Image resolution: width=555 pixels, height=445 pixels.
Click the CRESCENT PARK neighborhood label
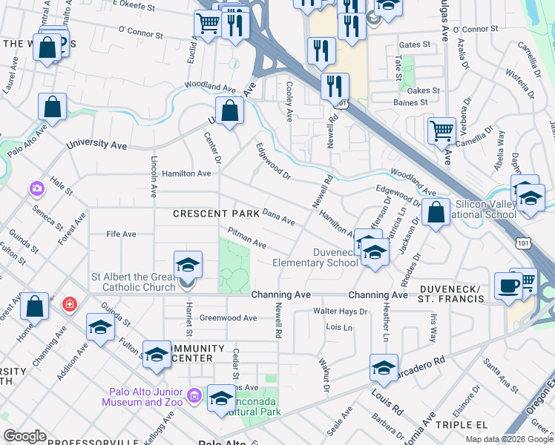[x=216, y=214]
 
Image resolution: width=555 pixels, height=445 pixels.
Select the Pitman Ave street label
[x=246, y=238]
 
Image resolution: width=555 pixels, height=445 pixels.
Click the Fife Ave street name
[x=122, y=234]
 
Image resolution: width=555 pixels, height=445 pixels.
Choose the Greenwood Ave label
[x=228, y=317]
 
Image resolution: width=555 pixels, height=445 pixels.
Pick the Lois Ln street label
[x=338, y=326]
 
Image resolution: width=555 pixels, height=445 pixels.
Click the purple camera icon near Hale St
[x=36, y=189]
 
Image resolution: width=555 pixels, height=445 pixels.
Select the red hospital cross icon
[x=69, y=304]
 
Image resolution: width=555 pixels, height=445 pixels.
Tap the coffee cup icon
[x=508, y=286]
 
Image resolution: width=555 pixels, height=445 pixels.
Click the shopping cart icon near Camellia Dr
[x=441, y=131]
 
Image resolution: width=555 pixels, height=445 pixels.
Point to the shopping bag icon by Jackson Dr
[x=436, y=212]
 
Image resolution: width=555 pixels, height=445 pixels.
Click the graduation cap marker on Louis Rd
[x=384, y=367]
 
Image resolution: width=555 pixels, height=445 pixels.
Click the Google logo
[x=25, y=435]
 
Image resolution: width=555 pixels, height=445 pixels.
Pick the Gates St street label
[x=415, y=45]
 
